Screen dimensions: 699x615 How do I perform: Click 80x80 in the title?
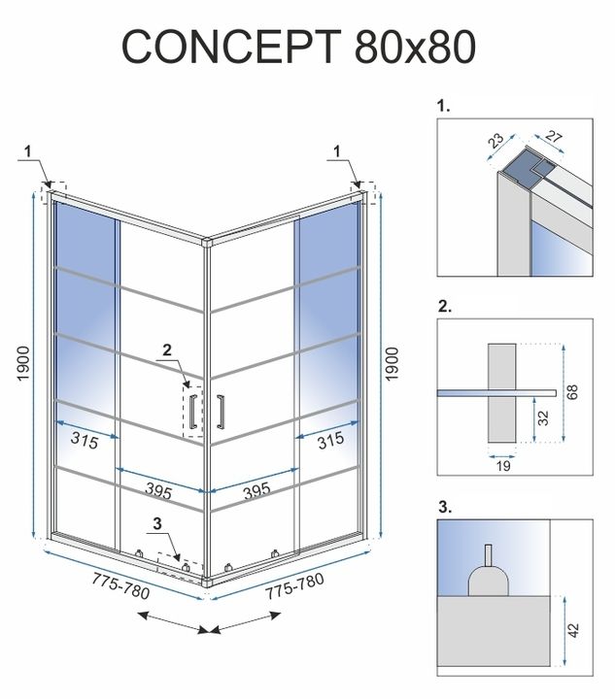[419, 46]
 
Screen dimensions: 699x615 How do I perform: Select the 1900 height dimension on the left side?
[21, 366]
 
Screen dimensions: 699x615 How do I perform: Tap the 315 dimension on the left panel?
[85, 439]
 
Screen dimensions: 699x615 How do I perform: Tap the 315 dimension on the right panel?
[330, 440]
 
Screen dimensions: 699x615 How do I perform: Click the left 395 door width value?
[158, 492]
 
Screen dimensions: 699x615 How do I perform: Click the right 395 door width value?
[256, 491]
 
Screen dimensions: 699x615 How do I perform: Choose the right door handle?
[222, 411]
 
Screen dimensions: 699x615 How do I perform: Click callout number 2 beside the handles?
[166, 349]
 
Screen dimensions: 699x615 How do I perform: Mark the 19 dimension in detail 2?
[499, 465]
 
